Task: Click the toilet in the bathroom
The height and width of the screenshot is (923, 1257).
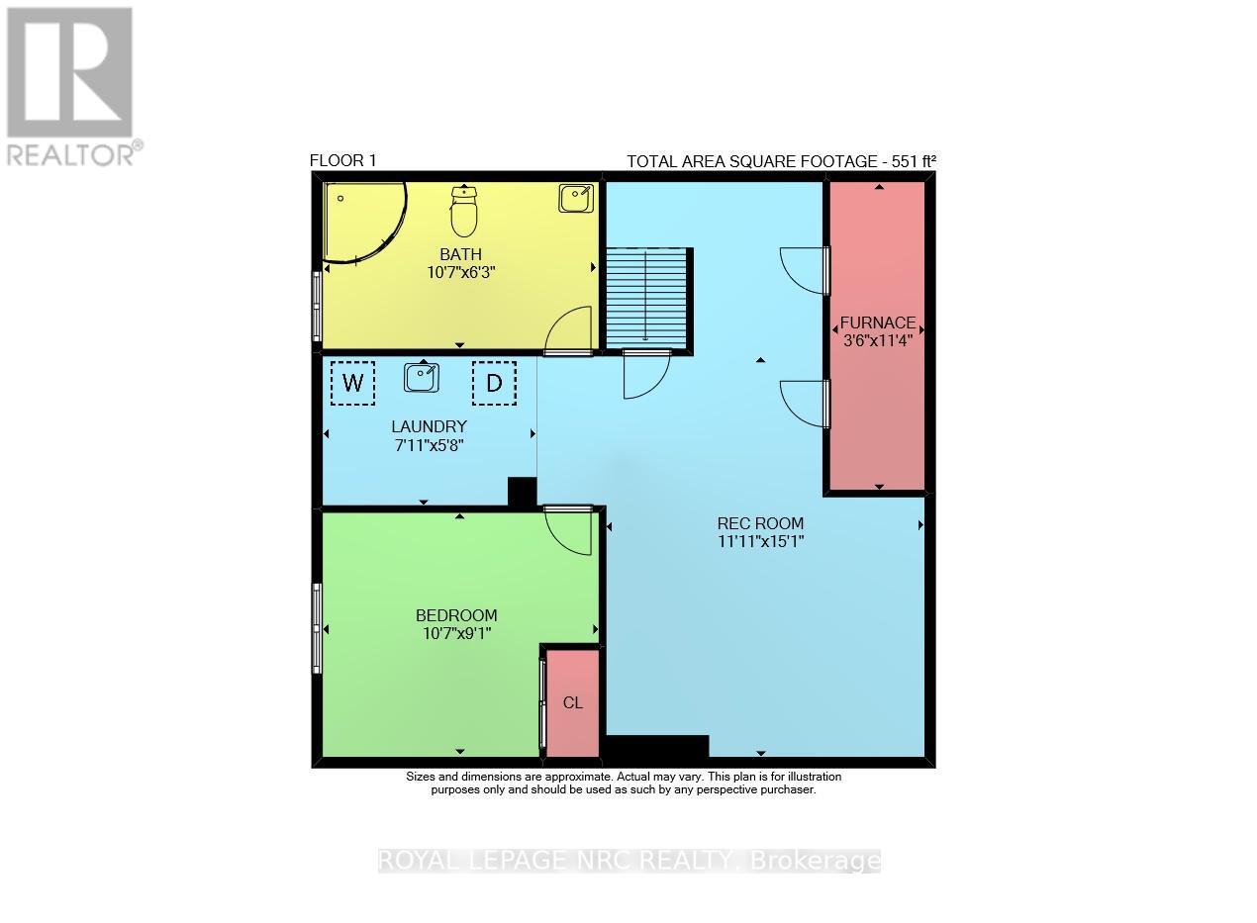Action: pos(464,210)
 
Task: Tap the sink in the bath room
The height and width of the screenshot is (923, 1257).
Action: pos(575,198)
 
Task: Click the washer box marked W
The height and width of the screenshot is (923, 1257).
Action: pos(352,383)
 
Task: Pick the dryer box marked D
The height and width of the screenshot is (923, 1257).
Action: pos(494,383)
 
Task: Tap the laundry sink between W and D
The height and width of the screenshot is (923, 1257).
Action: pos(423,377)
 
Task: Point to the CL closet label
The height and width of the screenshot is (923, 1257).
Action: pos(573,702)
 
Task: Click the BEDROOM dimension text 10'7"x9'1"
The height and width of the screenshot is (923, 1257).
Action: pos(455,631)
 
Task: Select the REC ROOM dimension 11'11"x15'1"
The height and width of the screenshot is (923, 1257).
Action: pos(760,541)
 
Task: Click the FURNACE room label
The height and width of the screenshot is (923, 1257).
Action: pos(878,323)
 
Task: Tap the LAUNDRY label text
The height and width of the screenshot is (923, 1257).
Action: pos(429,427)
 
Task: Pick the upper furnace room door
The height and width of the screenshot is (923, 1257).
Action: pos(804,269)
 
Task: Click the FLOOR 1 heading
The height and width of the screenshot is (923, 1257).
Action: pos(342,161)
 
